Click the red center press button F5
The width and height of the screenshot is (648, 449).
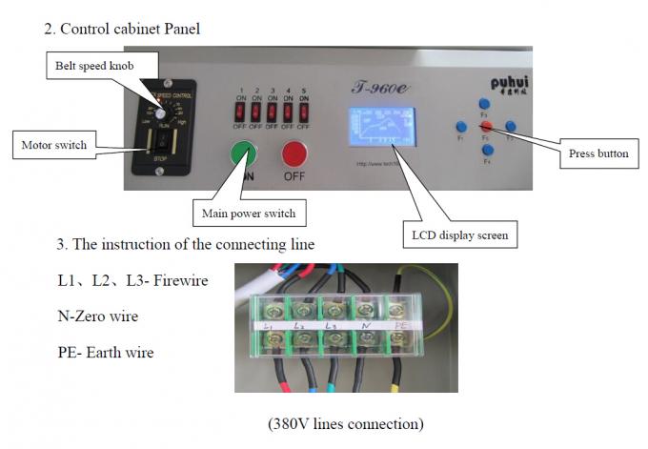coord(485,126)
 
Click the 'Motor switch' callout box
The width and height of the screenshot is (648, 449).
coord(53,145)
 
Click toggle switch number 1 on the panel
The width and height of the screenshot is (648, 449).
coord(242,112)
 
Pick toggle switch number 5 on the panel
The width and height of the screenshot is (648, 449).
coord(304,112)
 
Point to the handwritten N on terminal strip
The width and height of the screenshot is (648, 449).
coord(366,325)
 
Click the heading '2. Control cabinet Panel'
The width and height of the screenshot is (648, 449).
coord(122,29)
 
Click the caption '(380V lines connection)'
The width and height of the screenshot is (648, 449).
coord(345,422)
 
